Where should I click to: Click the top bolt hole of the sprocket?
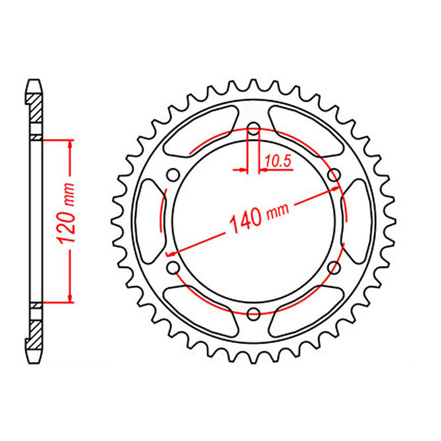[253, 129]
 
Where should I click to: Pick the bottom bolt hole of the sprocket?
[253, 314]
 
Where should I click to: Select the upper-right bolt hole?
[334, 175]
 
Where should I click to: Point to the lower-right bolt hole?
[334, 268]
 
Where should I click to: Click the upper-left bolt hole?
[173, 175]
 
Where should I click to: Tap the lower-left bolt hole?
[173, 268]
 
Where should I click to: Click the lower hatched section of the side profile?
[35, 331]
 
